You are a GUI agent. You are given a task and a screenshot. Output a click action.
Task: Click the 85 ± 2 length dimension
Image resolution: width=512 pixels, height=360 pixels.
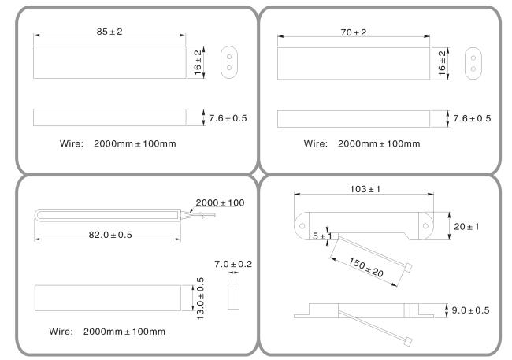coord(109,32)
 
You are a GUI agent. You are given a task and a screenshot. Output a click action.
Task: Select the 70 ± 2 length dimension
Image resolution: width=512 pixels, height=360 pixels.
coord(354,32)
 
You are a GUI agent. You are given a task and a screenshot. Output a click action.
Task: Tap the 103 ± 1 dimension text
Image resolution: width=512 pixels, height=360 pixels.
coord(365,189)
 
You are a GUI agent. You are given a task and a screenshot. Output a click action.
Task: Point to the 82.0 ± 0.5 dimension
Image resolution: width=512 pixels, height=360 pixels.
coord(110,235)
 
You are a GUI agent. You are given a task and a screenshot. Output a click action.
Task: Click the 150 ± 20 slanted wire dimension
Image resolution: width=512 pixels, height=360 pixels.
coord(366,268)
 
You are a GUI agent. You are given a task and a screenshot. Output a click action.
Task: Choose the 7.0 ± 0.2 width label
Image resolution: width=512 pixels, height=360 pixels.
coord(233,264)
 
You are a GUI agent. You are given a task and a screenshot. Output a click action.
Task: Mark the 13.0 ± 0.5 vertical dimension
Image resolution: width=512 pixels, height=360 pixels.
coord(200,299)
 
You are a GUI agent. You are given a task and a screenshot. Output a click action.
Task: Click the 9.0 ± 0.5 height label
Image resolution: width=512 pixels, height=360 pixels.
coord(470,310)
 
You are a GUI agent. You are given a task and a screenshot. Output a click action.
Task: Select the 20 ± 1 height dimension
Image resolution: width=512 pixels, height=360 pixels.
coord(466,227)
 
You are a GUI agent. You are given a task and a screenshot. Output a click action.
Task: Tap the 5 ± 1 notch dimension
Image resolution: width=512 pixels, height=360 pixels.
coord(322,236)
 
